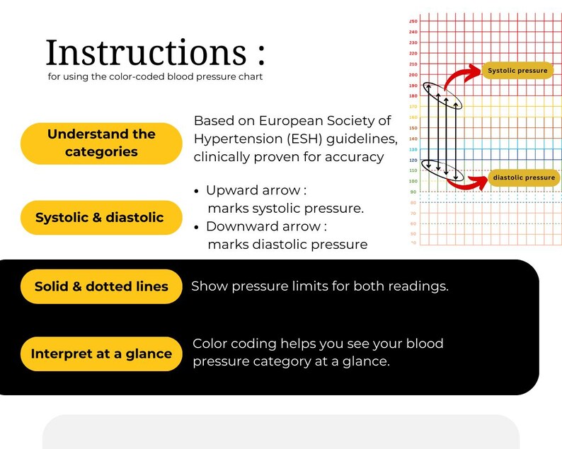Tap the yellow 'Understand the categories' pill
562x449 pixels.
click(x=101, y=143)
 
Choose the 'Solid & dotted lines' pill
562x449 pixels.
click(x=101, y=286)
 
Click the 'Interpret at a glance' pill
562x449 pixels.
click(x=101, y=354)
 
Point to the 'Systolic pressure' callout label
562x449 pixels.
click(x=517, y=71)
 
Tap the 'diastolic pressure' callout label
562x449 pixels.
click(x=524, y=177)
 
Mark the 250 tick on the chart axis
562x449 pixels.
click(x=413, y=21)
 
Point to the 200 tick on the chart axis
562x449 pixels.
click(x=413, y=75)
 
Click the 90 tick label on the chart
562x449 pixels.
click(x=413, y=192)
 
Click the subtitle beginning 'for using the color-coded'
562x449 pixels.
click(x=155, y=76)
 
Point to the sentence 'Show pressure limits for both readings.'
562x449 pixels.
click(x=320, y=286)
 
